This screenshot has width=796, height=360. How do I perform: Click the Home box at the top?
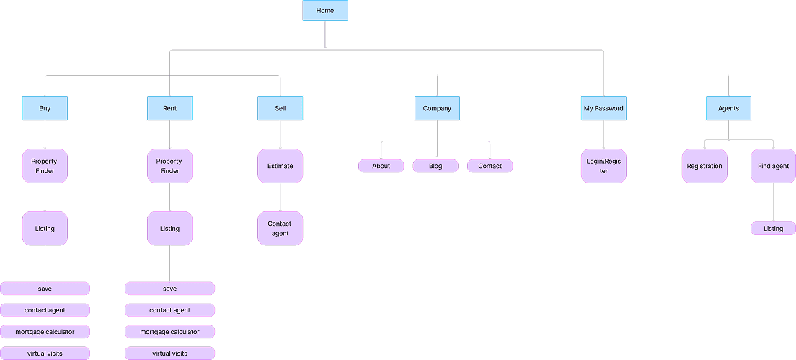(324, 11)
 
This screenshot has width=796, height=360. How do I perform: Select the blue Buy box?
(45, 108)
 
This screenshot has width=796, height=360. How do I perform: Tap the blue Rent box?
(169, 108)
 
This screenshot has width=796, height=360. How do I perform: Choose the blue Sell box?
(280, 108)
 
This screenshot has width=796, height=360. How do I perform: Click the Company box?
(437, 108)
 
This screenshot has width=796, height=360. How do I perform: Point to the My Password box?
(603, 108)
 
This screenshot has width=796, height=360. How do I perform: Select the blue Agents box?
(728, 108)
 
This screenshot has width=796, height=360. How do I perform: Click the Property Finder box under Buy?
(45, 166)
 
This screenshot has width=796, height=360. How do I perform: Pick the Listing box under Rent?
(169, 229)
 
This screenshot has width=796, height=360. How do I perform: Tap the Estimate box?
(280, 166)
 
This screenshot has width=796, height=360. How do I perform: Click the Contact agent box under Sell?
(280, 229)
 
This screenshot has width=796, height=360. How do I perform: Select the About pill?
(381, 166)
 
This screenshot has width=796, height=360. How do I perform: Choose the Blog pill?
(435, 166)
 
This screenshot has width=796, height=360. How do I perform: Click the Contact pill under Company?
(490, 166)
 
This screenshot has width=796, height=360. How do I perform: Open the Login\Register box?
(603, 166)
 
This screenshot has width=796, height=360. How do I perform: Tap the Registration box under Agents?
(704, 166)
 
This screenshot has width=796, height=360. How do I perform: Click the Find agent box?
(773, 166)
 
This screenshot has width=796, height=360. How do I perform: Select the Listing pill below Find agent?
(773, 229)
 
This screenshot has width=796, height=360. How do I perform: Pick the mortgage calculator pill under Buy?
(45, 332)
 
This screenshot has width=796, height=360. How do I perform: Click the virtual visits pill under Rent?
(169, 354)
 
